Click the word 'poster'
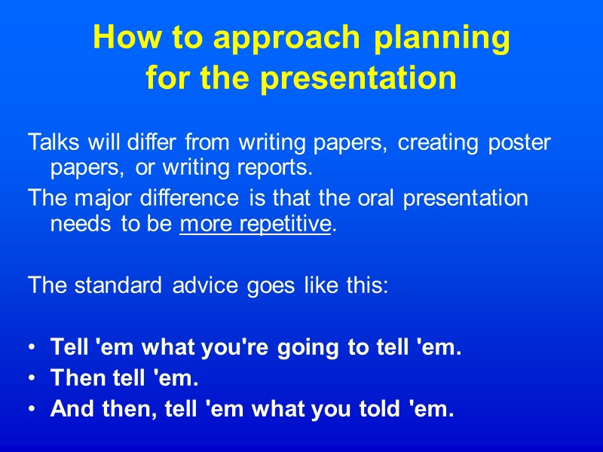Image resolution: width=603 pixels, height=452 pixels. pos(518,142)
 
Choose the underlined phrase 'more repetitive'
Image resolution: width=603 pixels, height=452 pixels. pos(256,224)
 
